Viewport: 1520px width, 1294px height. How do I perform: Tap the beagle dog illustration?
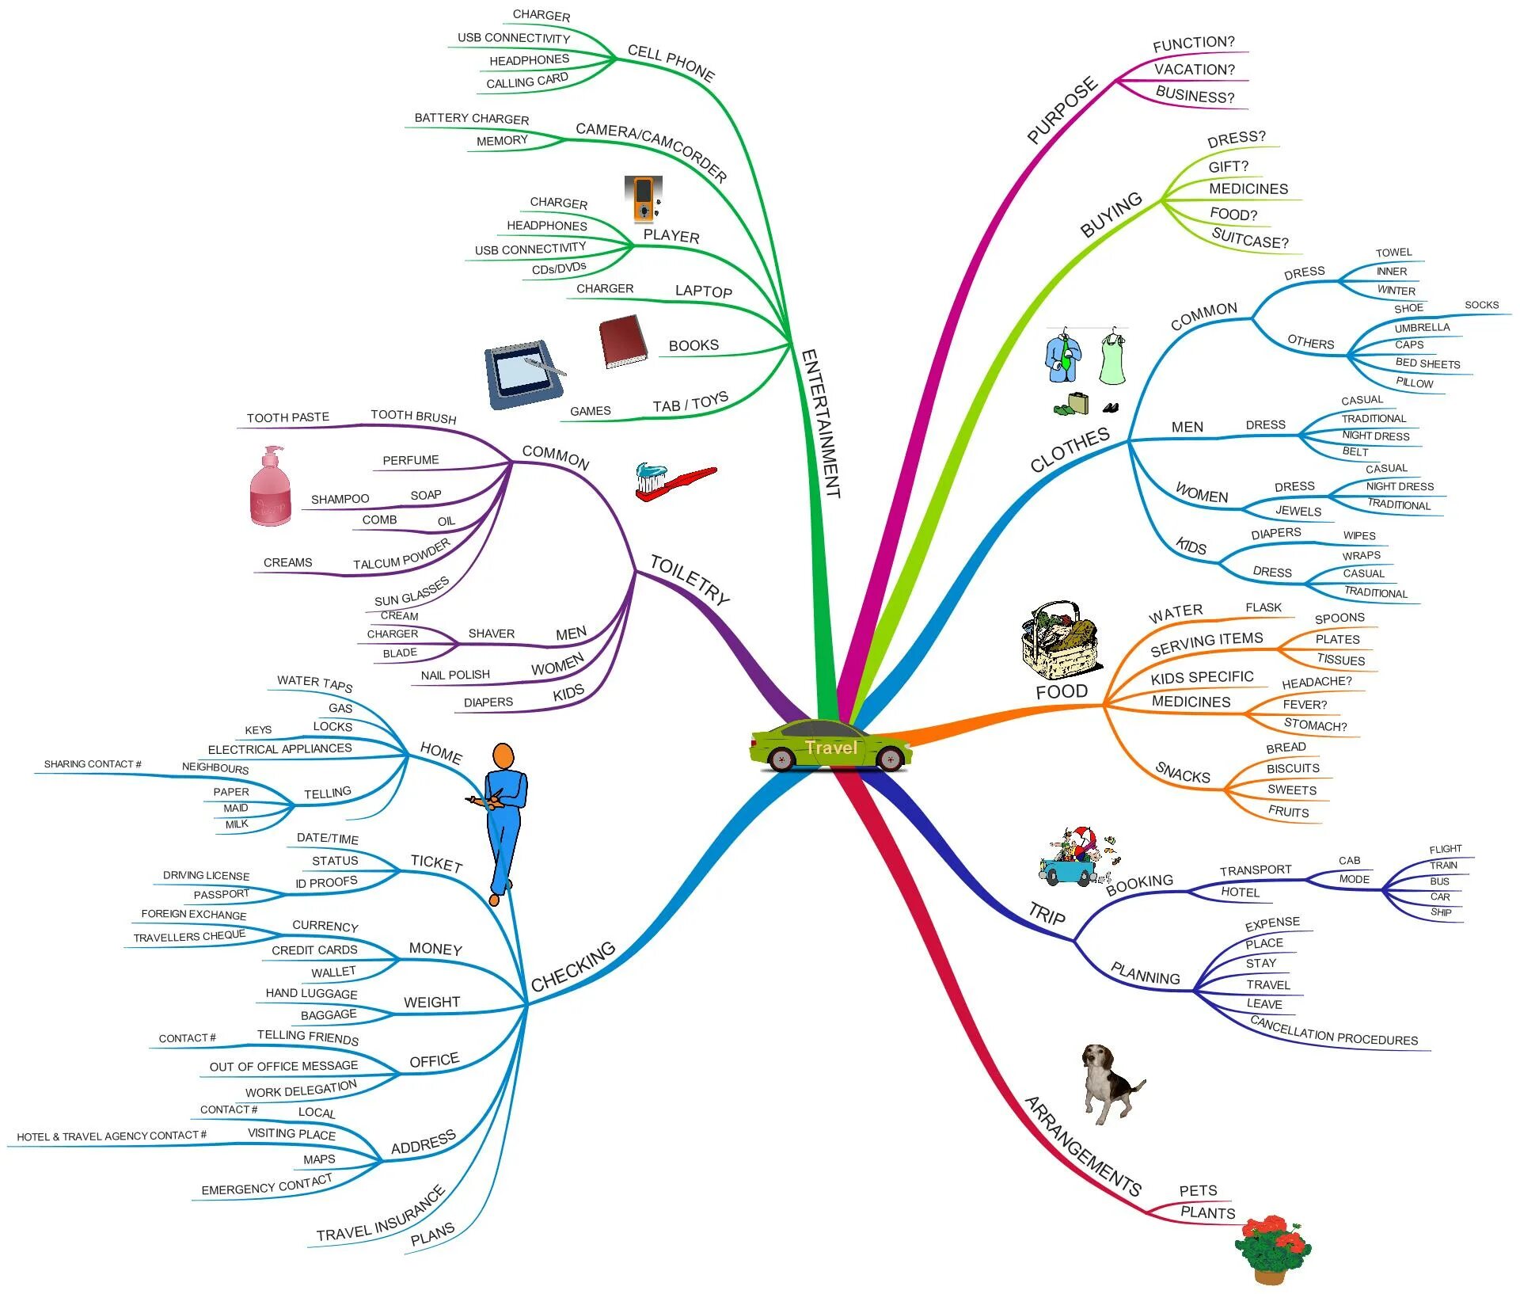pos(1110,1082)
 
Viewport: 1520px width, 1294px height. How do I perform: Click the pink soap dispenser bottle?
pos(270,487)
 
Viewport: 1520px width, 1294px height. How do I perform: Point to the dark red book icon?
pos(623,342)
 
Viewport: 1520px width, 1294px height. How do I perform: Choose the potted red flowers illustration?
pos(1271,1248)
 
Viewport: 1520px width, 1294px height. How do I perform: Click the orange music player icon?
pos(643,199)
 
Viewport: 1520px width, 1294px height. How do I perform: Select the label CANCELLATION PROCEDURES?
pos(1334,1032)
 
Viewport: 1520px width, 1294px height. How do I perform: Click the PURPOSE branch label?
pos(1062,111)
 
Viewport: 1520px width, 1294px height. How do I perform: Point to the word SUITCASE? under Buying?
pos(1250,238)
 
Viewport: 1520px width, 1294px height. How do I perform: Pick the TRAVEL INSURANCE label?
pos(381,1214)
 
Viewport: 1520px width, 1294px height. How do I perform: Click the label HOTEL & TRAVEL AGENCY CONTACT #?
pos(112,1136)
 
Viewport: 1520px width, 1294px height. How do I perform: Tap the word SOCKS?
pos(1481,305)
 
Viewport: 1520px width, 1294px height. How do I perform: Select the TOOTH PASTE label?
pos(288,417)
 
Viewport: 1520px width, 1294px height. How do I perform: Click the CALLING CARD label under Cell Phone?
pos(527,82)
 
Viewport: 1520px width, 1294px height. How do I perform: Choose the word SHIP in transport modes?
pos(1441,912)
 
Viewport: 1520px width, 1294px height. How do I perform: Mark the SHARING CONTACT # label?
pos(93,764)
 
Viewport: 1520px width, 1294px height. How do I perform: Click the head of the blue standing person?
pos(503,756)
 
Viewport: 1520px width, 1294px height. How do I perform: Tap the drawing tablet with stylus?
pos(525,375)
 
